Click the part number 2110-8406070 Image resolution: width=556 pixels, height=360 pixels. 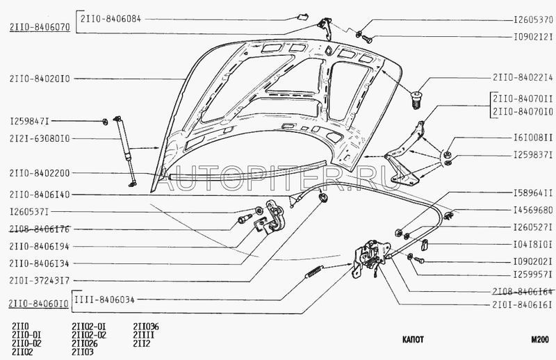coord(38,28)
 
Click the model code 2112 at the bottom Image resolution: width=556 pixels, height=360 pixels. coord(141,343)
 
